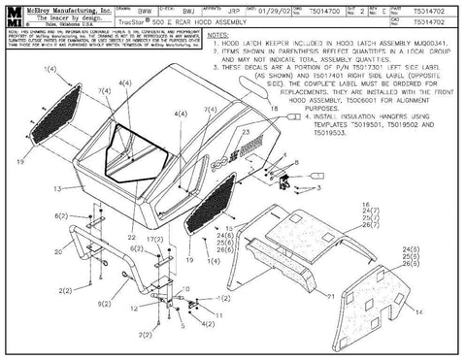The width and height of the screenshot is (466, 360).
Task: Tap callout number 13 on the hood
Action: pyautogui.click(x=57, y=187)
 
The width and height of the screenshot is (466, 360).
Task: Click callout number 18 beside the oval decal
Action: pyautogui.click(x=274, y=111)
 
